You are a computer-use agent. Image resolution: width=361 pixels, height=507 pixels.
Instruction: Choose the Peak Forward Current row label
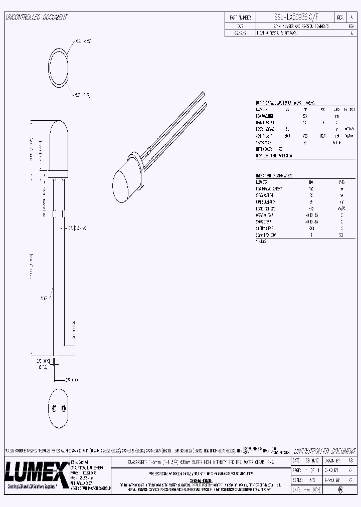268,188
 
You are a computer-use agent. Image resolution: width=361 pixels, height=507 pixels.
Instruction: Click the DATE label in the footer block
297,460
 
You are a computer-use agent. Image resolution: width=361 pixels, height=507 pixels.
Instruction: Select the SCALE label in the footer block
297,479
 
